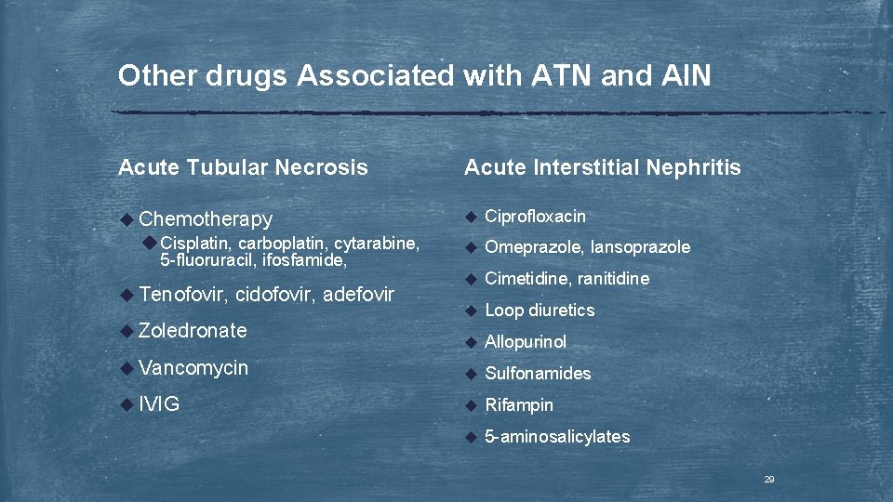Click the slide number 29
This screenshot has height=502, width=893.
click(x=769, y=480)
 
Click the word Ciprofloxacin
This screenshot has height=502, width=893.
click(x=535, y=217)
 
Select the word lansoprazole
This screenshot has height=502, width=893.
click(x=641, y=247)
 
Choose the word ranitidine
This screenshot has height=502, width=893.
click(x=614, y=279)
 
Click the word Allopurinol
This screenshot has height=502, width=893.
click(x=526, y=342)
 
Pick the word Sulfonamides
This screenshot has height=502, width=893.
click(x=538, y=374)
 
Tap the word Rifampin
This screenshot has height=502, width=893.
click(x=519, y=405)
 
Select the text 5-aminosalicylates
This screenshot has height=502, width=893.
click(x=557, y=437)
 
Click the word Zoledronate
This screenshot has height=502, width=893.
click(x=193, y=330)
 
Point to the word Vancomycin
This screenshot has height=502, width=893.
click(x=193, y=368)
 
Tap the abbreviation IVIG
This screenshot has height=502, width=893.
click(x=159, y=405)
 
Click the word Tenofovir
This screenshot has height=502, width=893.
click(x=183, y=295)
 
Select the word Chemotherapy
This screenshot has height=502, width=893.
click(x=206, y=219)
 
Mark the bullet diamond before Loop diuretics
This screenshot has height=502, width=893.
click(x=471, y=310)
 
